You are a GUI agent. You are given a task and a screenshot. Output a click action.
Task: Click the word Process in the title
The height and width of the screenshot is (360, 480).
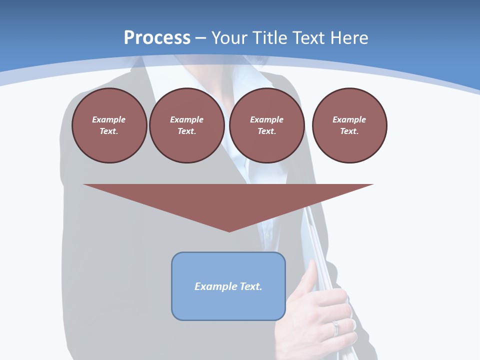point(157,38)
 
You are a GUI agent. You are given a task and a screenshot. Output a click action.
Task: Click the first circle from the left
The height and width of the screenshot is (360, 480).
point(109,125)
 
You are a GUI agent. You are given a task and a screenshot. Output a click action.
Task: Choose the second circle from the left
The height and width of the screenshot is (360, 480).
point(186,125)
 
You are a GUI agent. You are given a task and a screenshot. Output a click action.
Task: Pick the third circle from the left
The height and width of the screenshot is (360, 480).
point(266,125)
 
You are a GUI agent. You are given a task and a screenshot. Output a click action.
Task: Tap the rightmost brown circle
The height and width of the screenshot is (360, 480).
point(349,125)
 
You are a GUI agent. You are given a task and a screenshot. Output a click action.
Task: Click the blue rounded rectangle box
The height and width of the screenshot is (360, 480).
point(228,286)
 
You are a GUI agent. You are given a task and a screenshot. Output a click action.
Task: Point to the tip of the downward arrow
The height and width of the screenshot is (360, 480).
point(229,231)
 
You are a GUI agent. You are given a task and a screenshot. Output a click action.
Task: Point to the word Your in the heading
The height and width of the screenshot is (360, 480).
point(229,38)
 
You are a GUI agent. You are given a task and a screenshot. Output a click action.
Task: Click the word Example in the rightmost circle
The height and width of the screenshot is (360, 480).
point(349,119)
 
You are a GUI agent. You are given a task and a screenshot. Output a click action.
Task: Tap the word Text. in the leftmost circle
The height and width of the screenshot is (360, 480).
point(109,131)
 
